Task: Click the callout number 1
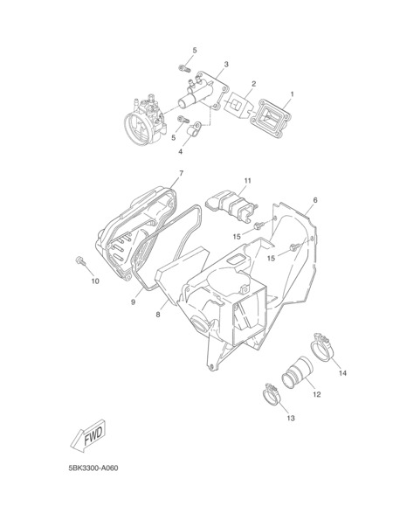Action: point(292,94)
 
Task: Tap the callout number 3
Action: point(226,64)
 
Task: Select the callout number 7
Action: point(181,173)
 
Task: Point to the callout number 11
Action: point(247,181)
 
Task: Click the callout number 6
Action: point(315,200)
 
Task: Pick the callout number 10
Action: point(95,281)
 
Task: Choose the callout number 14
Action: point(342,373)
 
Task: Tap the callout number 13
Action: point(291,418)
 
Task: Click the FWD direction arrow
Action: point(88,436)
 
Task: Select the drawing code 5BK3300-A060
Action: point(93,468)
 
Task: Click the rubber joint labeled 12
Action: point(297,373)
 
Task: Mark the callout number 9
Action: point(133,302)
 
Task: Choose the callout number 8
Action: point(158,315)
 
